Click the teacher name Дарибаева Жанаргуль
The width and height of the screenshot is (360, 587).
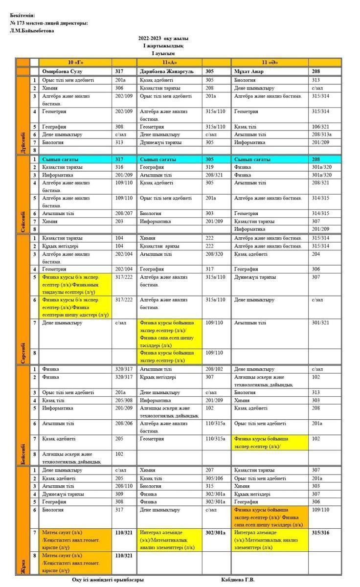[166, 71]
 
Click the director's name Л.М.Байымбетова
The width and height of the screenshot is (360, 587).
[32, 30]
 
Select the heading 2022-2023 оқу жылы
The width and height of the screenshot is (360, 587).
[163, 38]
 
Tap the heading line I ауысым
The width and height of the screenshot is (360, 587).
[163, 53]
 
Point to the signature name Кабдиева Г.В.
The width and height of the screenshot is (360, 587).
[238, 580]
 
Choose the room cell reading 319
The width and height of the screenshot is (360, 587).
[209, 167]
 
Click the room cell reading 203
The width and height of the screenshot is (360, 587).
[119, 221]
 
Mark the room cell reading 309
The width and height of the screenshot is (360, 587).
[119, 494]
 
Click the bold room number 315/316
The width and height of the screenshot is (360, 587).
[320, 532]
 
